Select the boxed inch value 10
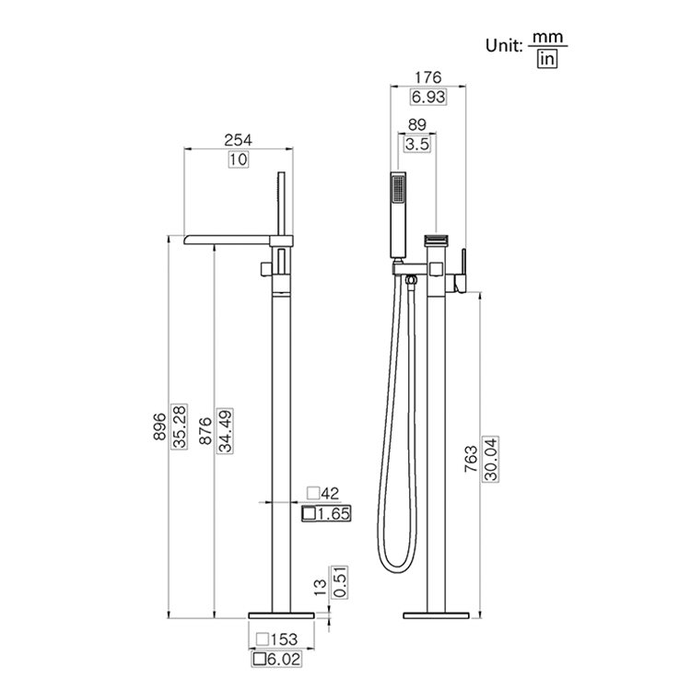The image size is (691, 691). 239,159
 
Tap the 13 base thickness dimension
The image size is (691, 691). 320,583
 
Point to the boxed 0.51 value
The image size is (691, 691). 339,582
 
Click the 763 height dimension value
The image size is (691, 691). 473,458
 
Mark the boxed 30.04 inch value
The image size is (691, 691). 492,458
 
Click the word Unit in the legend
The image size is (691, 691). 506,43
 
